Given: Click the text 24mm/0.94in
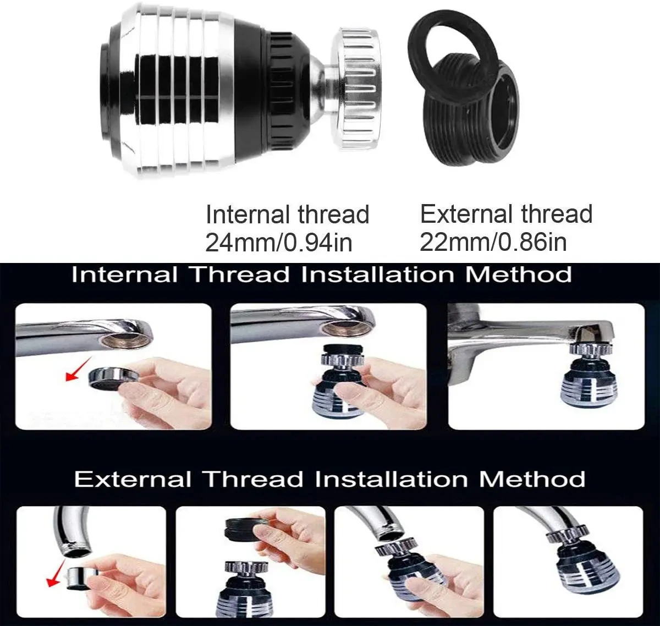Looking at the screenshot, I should pyautogui.click(x=278, y=243).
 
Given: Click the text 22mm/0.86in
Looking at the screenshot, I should pyautogui.click(x=493, y=243).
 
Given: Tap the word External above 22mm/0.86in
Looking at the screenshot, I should pyautogui.click(x=467, y=214).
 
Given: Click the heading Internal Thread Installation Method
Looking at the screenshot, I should pyautogui.click(x=321, y=274).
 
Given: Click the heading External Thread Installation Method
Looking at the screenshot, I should pyautogui.click(x=329, y=479).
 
